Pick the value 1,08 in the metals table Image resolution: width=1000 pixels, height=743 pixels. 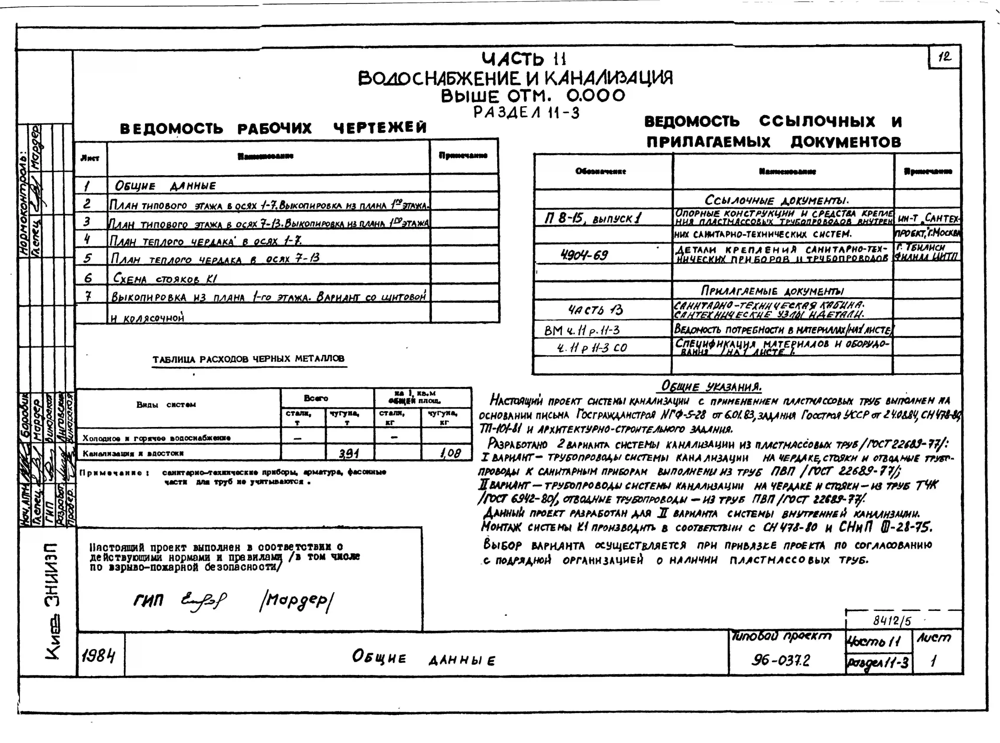coord(450,453)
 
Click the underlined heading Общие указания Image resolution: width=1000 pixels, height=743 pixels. coord(711,386)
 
